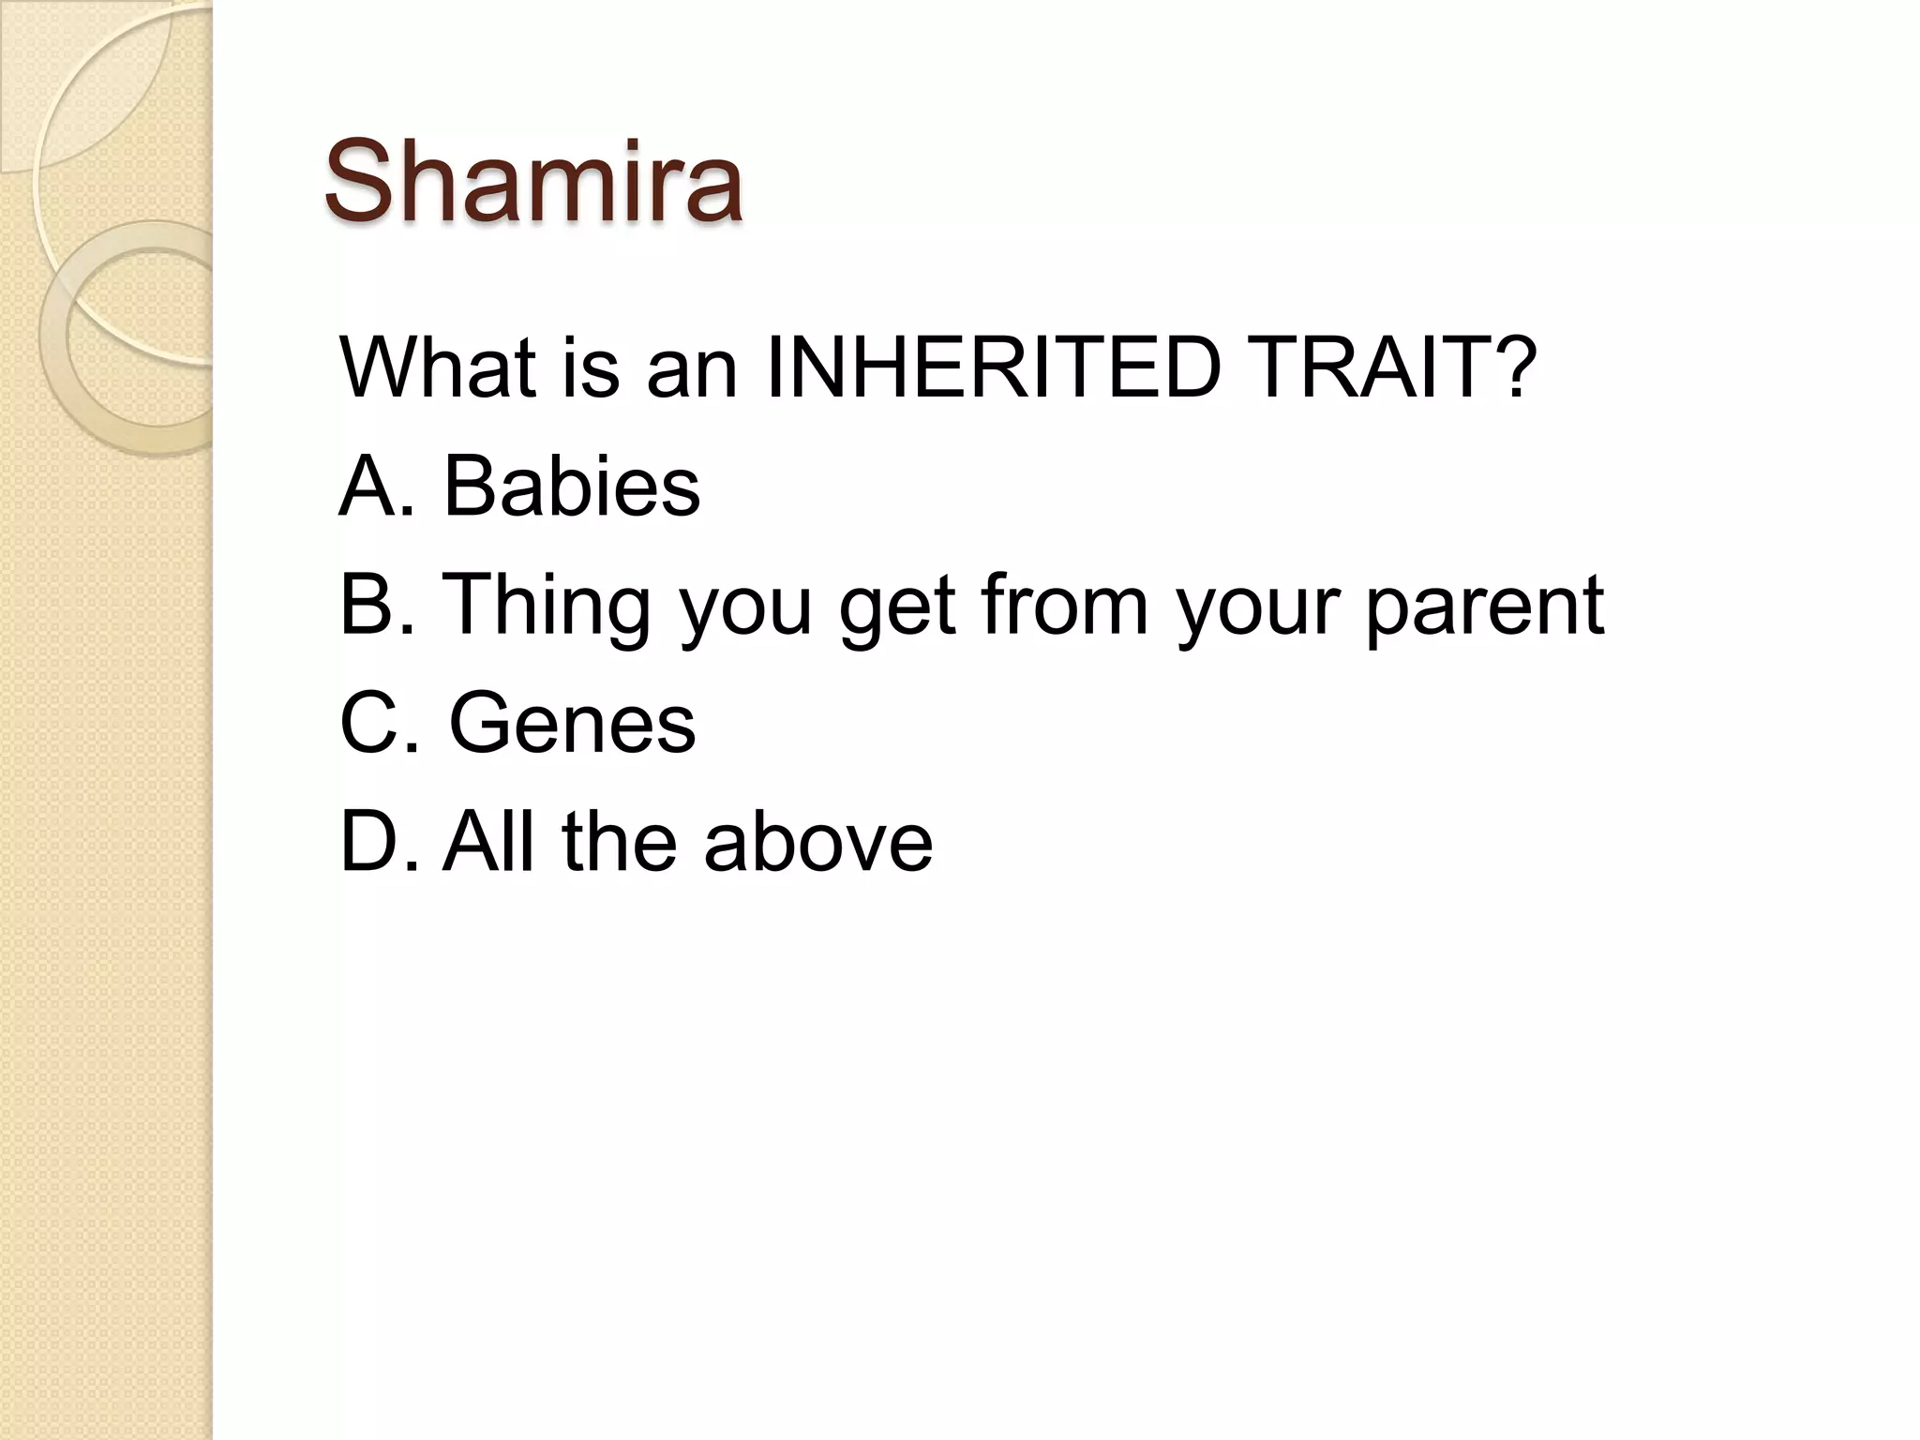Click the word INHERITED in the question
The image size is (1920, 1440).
993,367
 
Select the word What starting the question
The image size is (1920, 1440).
438,367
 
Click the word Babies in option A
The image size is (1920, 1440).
571,487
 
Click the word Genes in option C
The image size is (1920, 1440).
572,724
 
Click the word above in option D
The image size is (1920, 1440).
817,842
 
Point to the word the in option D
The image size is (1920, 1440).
619,842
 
